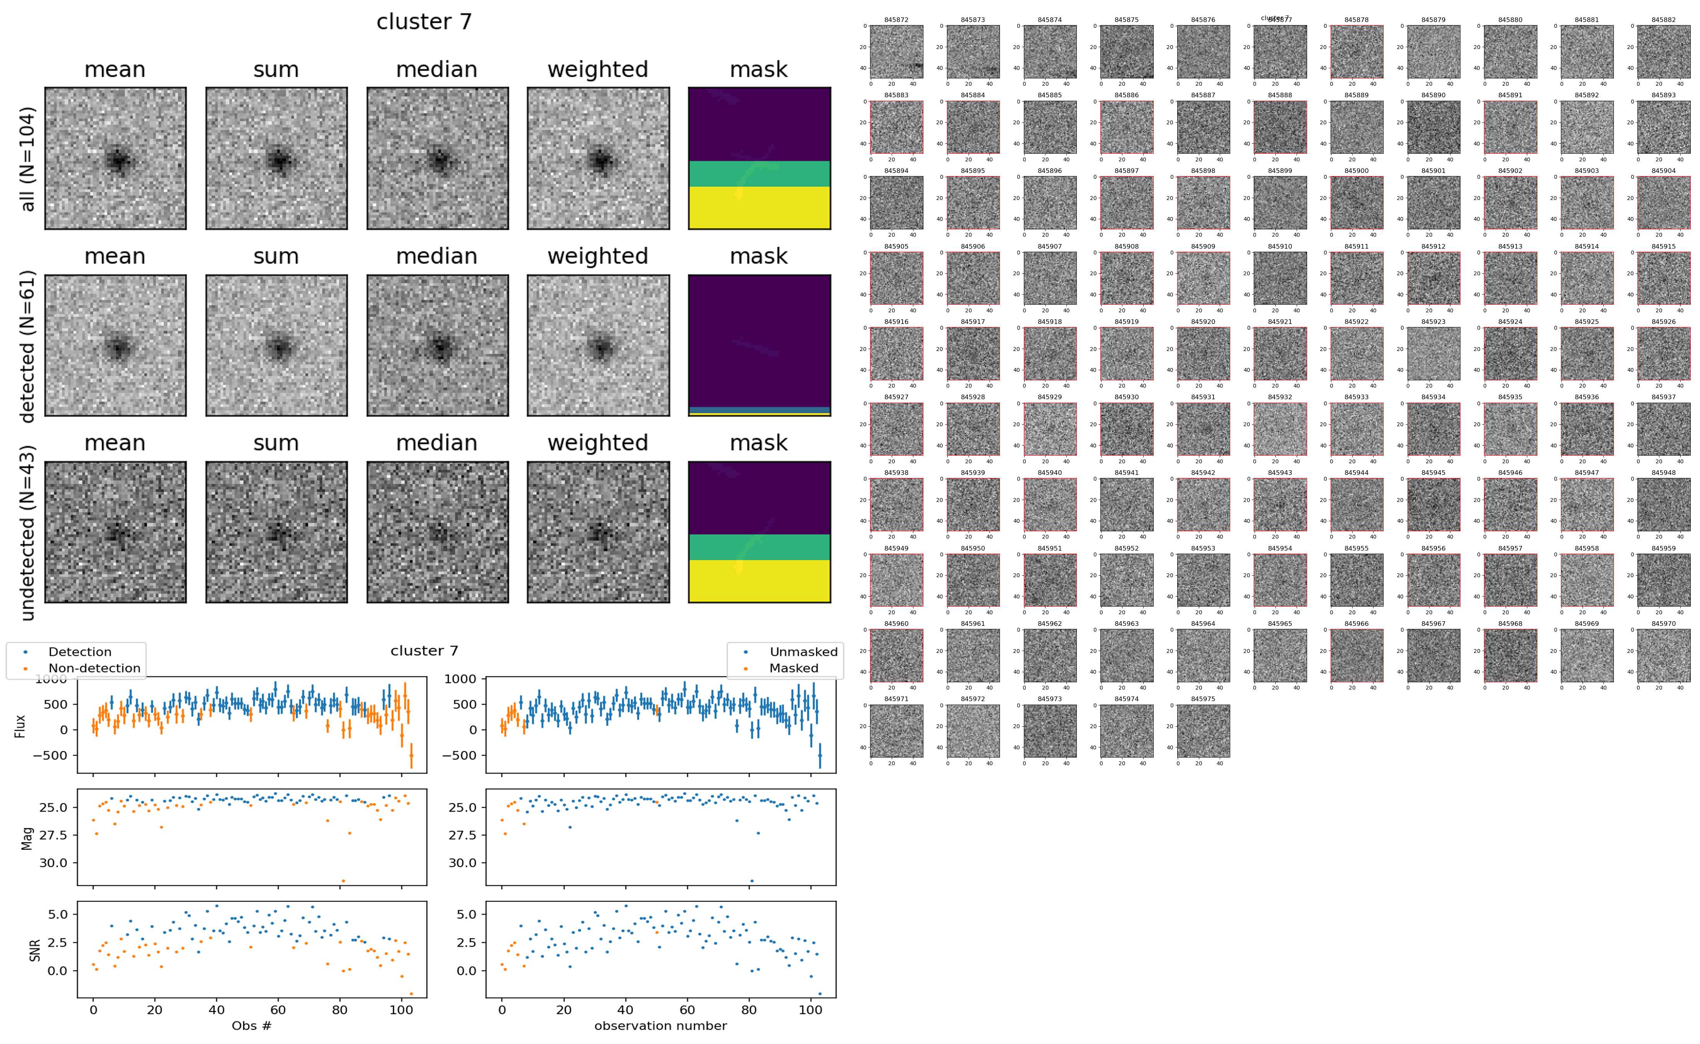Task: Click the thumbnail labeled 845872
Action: tap(896, 52)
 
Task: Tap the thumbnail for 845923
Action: tap(1433, 354)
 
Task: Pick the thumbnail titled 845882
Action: tap(1663, 52)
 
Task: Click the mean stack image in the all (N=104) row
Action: tap(116, 158)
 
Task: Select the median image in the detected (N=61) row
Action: tap(437, 345)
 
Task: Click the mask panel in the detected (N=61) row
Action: tap(759, 345)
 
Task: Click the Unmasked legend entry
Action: tap(803, 652)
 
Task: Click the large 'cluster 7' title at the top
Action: tap(423, 22)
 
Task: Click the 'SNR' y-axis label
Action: tap(34, 950)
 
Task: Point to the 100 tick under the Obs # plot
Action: tap(401, 1010)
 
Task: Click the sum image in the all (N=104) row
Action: tap(276, 158)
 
